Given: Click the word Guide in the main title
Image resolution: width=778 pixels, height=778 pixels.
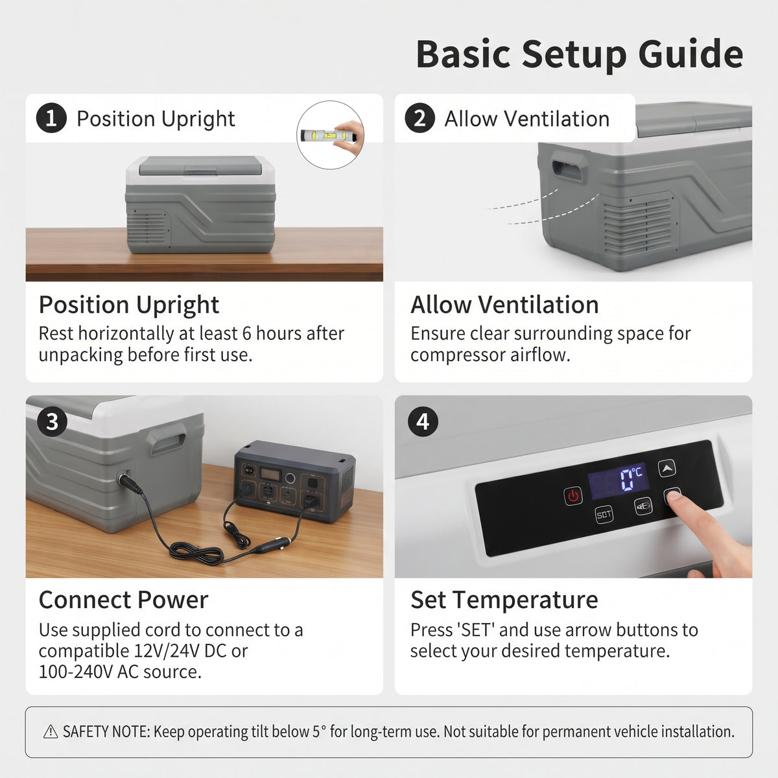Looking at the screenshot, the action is [690, 54].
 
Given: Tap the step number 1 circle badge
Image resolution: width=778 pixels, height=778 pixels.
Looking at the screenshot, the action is [51, 118].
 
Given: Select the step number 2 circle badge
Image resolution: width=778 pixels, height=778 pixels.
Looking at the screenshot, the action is [420, 118].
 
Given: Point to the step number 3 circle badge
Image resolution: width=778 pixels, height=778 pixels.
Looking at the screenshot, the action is [52, 422].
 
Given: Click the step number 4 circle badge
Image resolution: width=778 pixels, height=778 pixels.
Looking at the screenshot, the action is [423, 422].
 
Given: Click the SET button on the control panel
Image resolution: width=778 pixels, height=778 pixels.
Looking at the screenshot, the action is [604, 515].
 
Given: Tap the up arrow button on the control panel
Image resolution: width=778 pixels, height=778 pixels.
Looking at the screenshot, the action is [666, 468].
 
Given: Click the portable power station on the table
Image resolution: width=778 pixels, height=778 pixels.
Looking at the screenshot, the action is [295, 481].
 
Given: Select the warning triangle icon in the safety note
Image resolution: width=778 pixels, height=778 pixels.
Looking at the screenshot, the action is [51, 731].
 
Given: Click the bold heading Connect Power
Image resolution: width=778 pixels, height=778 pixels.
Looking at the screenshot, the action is [124, 600].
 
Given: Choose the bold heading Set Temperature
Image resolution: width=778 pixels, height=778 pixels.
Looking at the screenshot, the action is [504, 600].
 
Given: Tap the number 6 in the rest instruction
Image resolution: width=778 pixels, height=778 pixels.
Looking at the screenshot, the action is [246, 334].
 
